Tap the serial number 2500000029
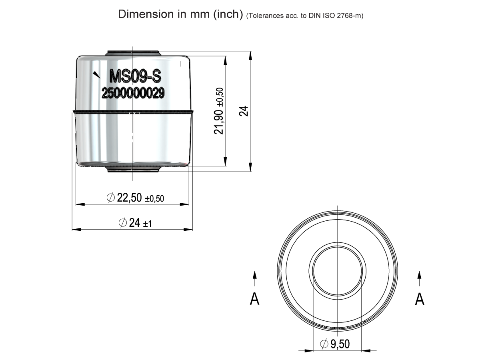pos(133,93)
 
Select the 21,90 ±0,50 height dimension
pos(219,111)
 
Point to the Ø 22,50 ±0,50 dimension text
pos(136,198)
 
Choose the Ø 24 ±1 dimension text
pos(135,223)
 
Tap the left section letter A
pos(254,299)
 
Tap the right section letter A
pos(419,299)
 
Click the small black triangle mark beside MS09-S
pos(96,74)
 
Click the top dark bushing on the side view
pos(133,53)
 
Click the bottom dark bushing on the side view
pos(133,169)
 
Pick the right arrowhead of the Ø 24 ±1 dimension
pos(188,230)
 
